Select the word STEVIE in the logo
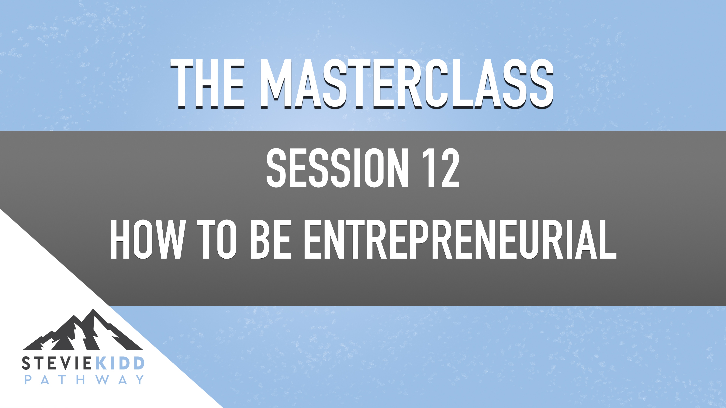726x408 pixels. [x=56, y=363]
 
